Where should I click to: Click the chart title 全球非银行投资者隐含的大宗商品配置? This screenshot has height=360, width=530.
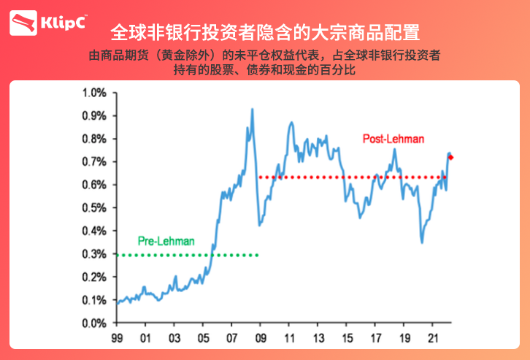pyautogui.click(x=264, y=33)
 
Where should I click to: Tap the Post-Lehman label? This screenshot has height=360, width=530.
pyautogui.click(x=393, y=138)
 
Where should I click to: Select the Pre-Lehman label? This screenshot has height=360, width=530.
pyautogui.click(x=166, y=240)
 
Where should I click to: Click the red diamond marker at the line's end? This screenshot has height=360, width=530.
pyautogui.click(x=451, y=157)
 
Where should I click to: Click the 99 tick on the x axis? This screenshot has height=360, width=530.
pyautogui.click(x=117, y=338)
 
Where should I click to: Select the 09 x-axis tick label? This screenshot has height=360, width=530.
pyautogui.click(x=261, y=338)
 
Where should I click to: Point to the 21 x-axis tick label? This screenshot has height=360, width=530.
pyautogui.click(x=432, y=338)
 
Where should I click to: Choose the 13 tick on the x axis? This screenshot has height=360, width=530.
pyautogui.click(x=318, y=338)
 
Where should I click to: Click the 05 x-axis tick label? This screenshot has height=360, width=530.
pyautogui.click(x=203, y=338)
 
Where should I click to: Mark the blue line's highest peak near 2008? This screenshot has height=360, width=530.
pyautogui.click(x=253, y=110)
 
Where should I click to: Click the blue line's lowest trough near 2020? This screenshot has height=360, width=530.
pyautogui.click(x=422, y=242)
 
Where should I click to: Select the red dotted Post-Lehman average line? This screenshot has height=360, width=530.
pyautogui.click(x=350, y=177)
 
